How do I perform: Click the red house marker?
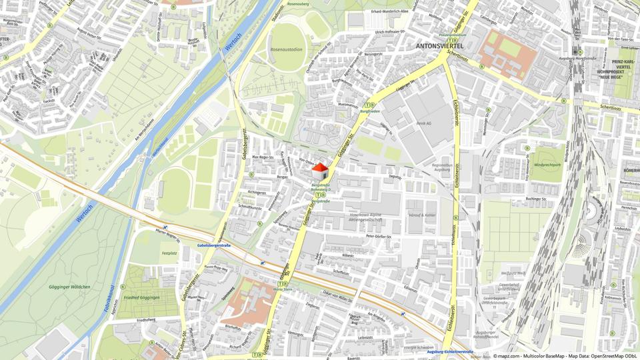(320, 171)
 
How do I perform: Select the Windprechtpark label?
(546, 164)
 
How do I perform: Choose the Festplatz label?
(169, 253)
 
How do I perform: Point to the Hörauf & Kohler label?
(422, 215)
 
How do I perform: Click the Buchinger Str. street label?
(535, 199)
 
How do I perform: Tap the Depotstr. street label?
(395, 177)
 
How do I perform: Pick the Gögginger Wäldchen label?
(70, 286)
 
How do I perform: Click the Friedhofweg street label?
(146, 319)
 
